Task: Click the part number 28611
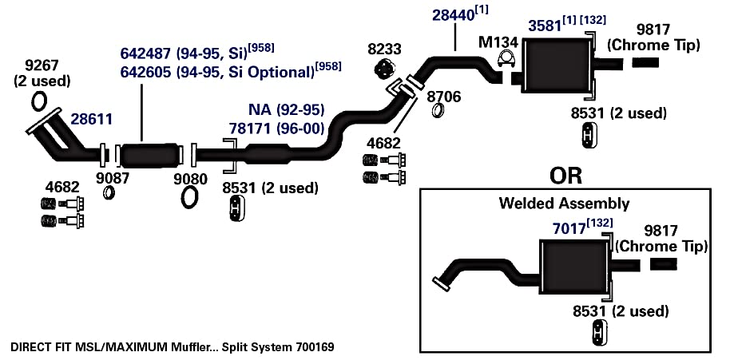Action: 91,120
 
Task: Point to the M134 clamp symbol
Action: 505,60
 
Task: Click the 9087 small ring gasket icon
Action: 109,192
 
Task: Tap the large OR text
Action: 566,175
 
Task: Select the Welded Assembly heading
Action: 564,204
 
